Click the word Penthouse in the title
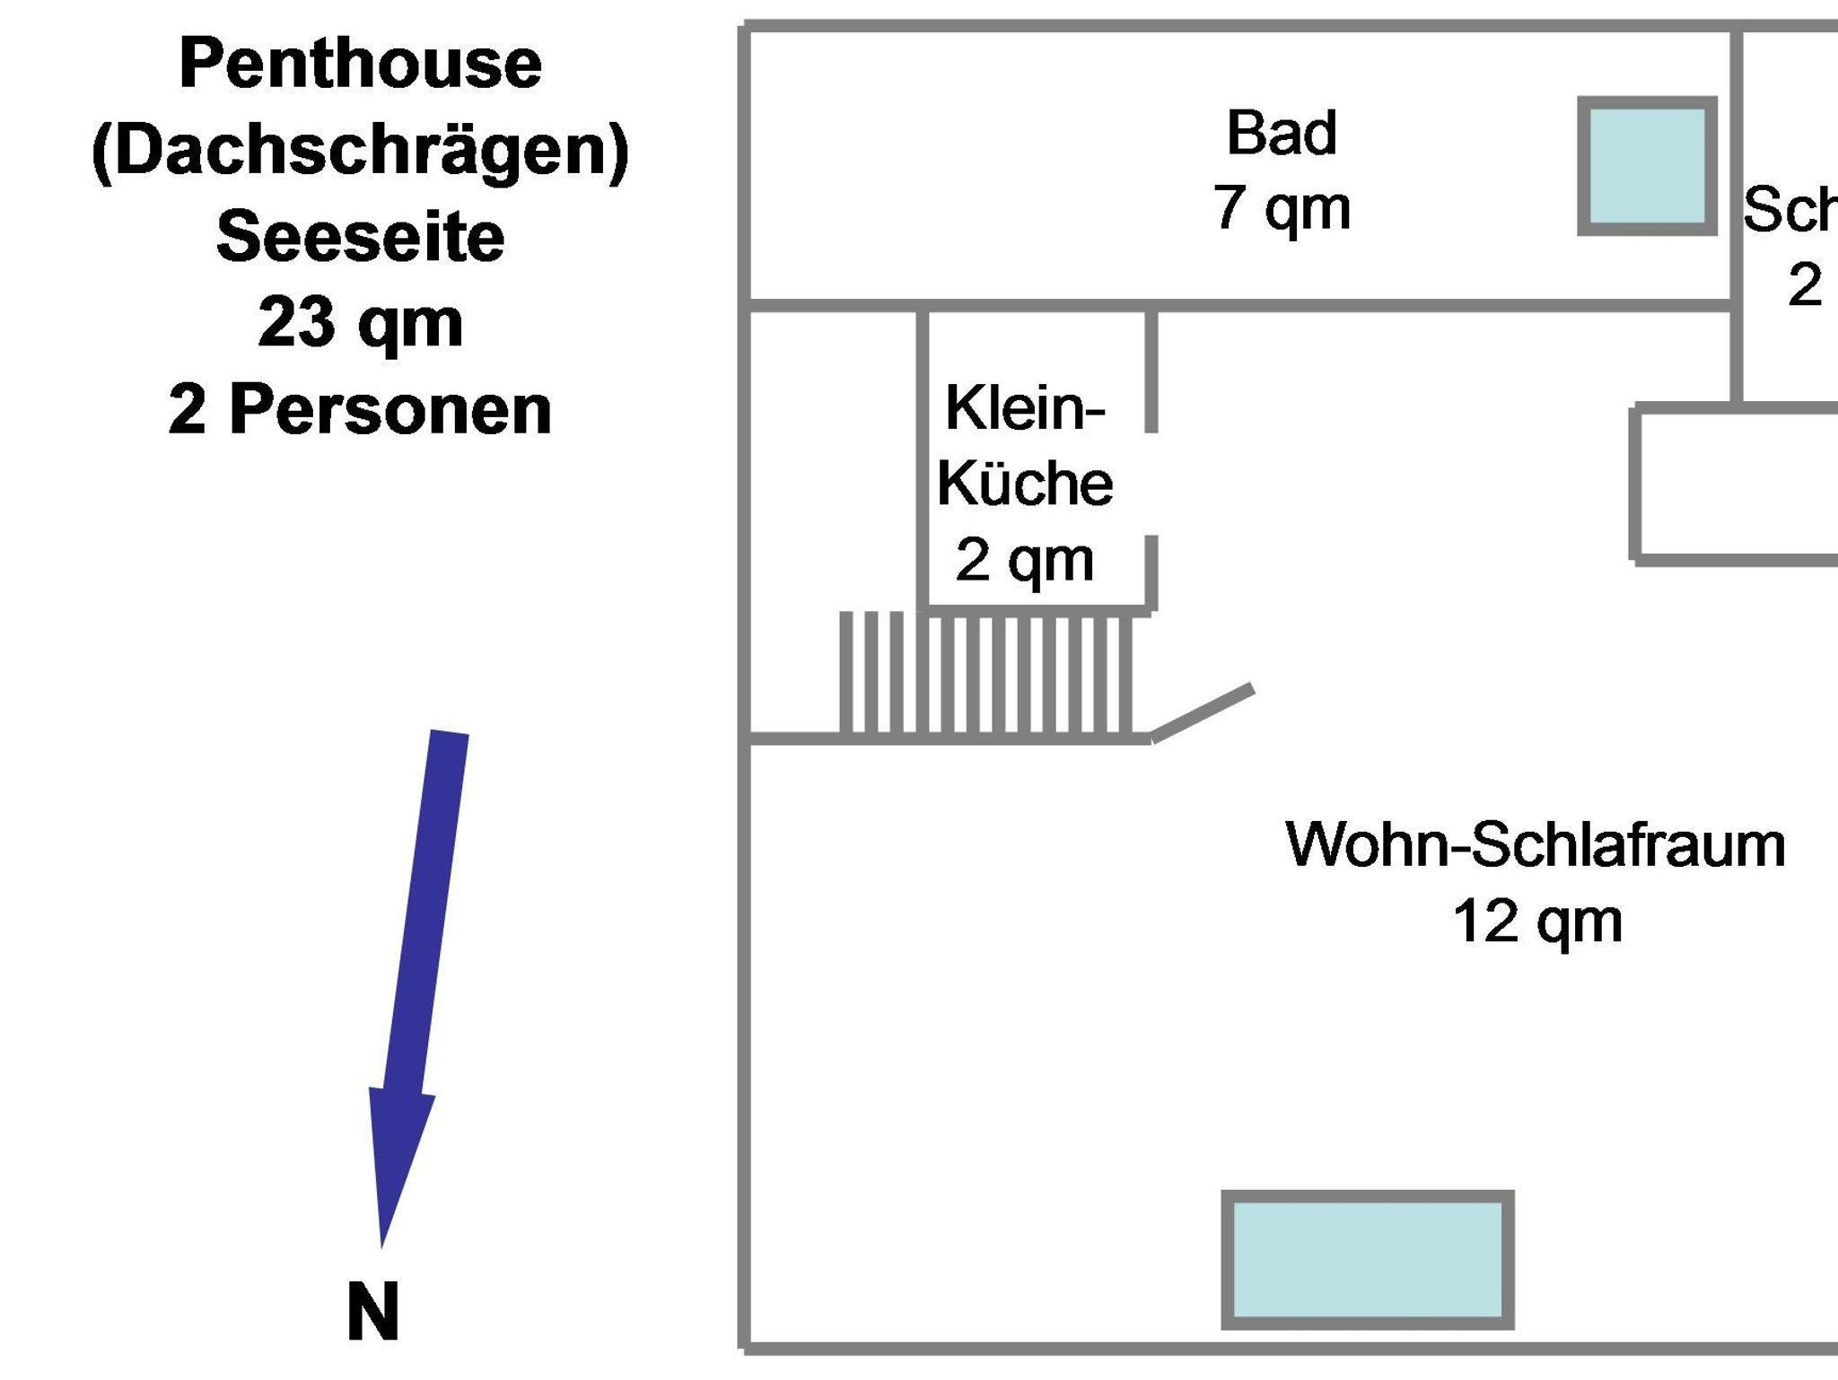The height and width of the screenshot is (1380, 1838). pyautogui.click(x=360, y=64)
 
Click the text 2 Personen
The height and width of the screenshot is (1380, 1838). pyautogui.click(x=360, y=410)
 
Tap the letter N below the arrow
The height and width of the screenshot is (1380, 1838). pyautogui.click(x=372, y=1312)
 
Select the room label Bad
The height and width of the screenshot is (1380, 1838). pyautogui.click(x=1282, y=133)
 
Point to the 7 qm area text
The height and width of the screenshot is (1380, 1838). pyautogui.click(x=1282, y=208)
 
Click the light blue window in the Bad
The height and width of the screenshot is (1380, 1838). pyautogui.click(x=1647, y=166)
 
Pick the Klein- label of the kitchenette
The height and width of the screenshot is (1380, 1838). pyautogui.click(x=1024, y=408)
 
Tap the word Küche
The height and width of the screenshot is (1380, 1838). pyautogui.click(x=1024, y=484)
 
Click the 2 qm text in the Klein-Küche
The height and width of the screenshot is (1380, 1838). pyautogui.click(x=1024, y=560)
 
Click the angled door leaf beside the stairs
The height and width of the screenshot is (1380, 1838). pyautogui.click(x=1203, y=713)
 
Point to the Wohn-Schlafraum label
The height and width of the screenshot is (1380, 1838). pyautogui.click(x=1536, y=845)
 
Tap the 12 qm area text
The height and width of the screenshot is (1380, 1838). pyautogui.click(x=1537, y=921)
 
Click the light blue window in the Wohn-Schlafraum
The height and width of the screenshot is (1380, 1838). pyautogui.click(x=1368, y=1260)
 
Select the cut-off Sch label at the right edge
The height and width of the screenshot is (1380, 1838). pyautogui.click(x=1790, y=212)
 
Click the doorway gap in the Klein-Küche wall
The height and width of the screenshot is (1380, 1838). pyautogui.click(x=1151, y=484)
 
